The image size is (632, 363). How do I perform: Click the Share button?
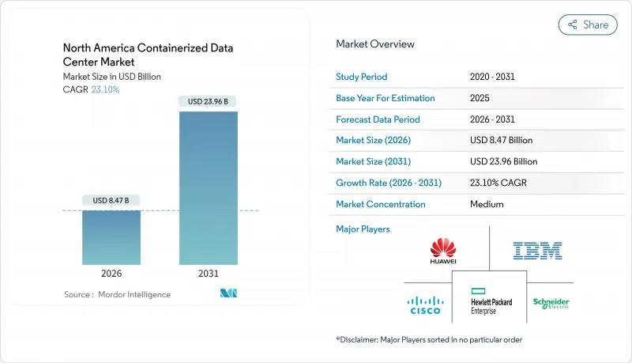click(588, 25)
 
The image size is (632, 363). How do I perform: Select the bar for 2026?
click(111, 237)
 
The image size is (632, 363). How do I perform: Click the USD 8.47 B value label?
click(111, 201)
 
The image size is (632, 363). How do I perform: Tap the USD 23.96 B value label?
click(209, 101)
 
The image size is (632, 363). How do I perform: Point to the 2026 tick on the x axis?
click(111, 273)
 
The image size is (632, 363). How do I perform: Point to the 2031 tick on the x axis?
click(209, 273)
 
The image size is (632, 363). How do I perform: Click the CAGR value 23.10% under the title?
click(105, 89)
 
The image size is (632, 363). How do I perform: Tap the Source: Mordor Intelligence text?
click(117, 294)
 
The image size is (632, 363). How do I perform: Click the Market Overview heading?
click(375, 43)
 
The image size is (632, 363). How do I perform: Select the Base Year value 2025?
click(480, 98)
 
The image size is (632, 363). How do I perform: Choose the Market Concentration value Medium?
click(487, 204)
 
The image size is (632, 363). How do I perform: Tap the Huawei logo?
click(443, 251)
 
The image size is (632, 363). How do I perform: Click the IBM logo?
click(537, 251)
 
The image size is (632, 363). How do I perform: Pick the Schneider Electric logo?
click(551, 303)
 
